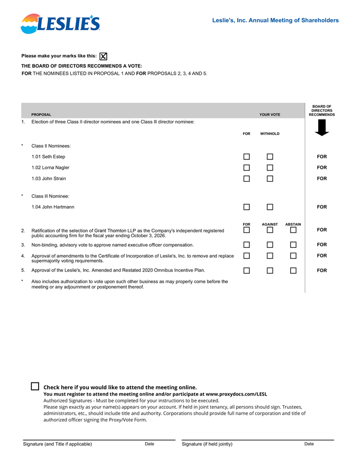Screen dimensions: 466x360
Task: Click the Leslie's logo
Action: pos(60,24)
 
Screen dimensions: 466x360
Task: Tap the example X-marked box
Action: pos(104,56)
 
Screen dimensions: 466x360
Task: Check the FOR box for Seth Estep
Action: pos(247,157)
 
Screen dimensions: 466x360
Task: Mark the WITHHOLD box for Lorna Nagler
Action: pos(270,167)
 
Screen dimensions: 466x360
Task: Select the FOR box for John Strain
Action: pos(247,178)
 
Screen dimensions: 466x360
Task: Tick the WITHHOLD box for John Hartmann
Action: pos(270,207)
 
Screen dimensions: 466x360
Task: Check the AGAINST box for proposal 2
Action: pos(270,230)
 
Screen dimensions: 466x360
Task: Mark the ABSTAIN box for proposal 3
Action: pos(293,245)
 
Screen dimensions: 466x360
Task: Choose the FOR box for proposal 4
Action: pos(247,256)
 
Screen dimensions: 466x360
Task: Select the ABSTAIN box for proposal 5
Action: pos(293,270)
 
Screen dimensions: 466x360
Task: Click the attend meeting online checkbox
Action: pos(35,387)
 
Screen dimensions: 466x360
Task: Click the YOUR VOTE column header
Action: pos(269,114)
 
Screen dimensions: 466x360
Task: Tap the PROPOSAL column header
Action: pos(41,114)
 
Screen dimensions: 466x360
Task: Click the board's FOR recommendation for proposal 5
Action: pos(322,270)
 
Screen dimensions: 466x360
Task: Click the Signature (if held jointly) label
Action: pos(207,444)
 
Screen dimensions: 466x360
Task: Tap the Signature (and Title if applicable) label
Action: pos(57,444)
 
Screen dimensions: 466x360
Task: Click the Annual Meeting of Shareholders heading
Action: pos(275,20)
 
